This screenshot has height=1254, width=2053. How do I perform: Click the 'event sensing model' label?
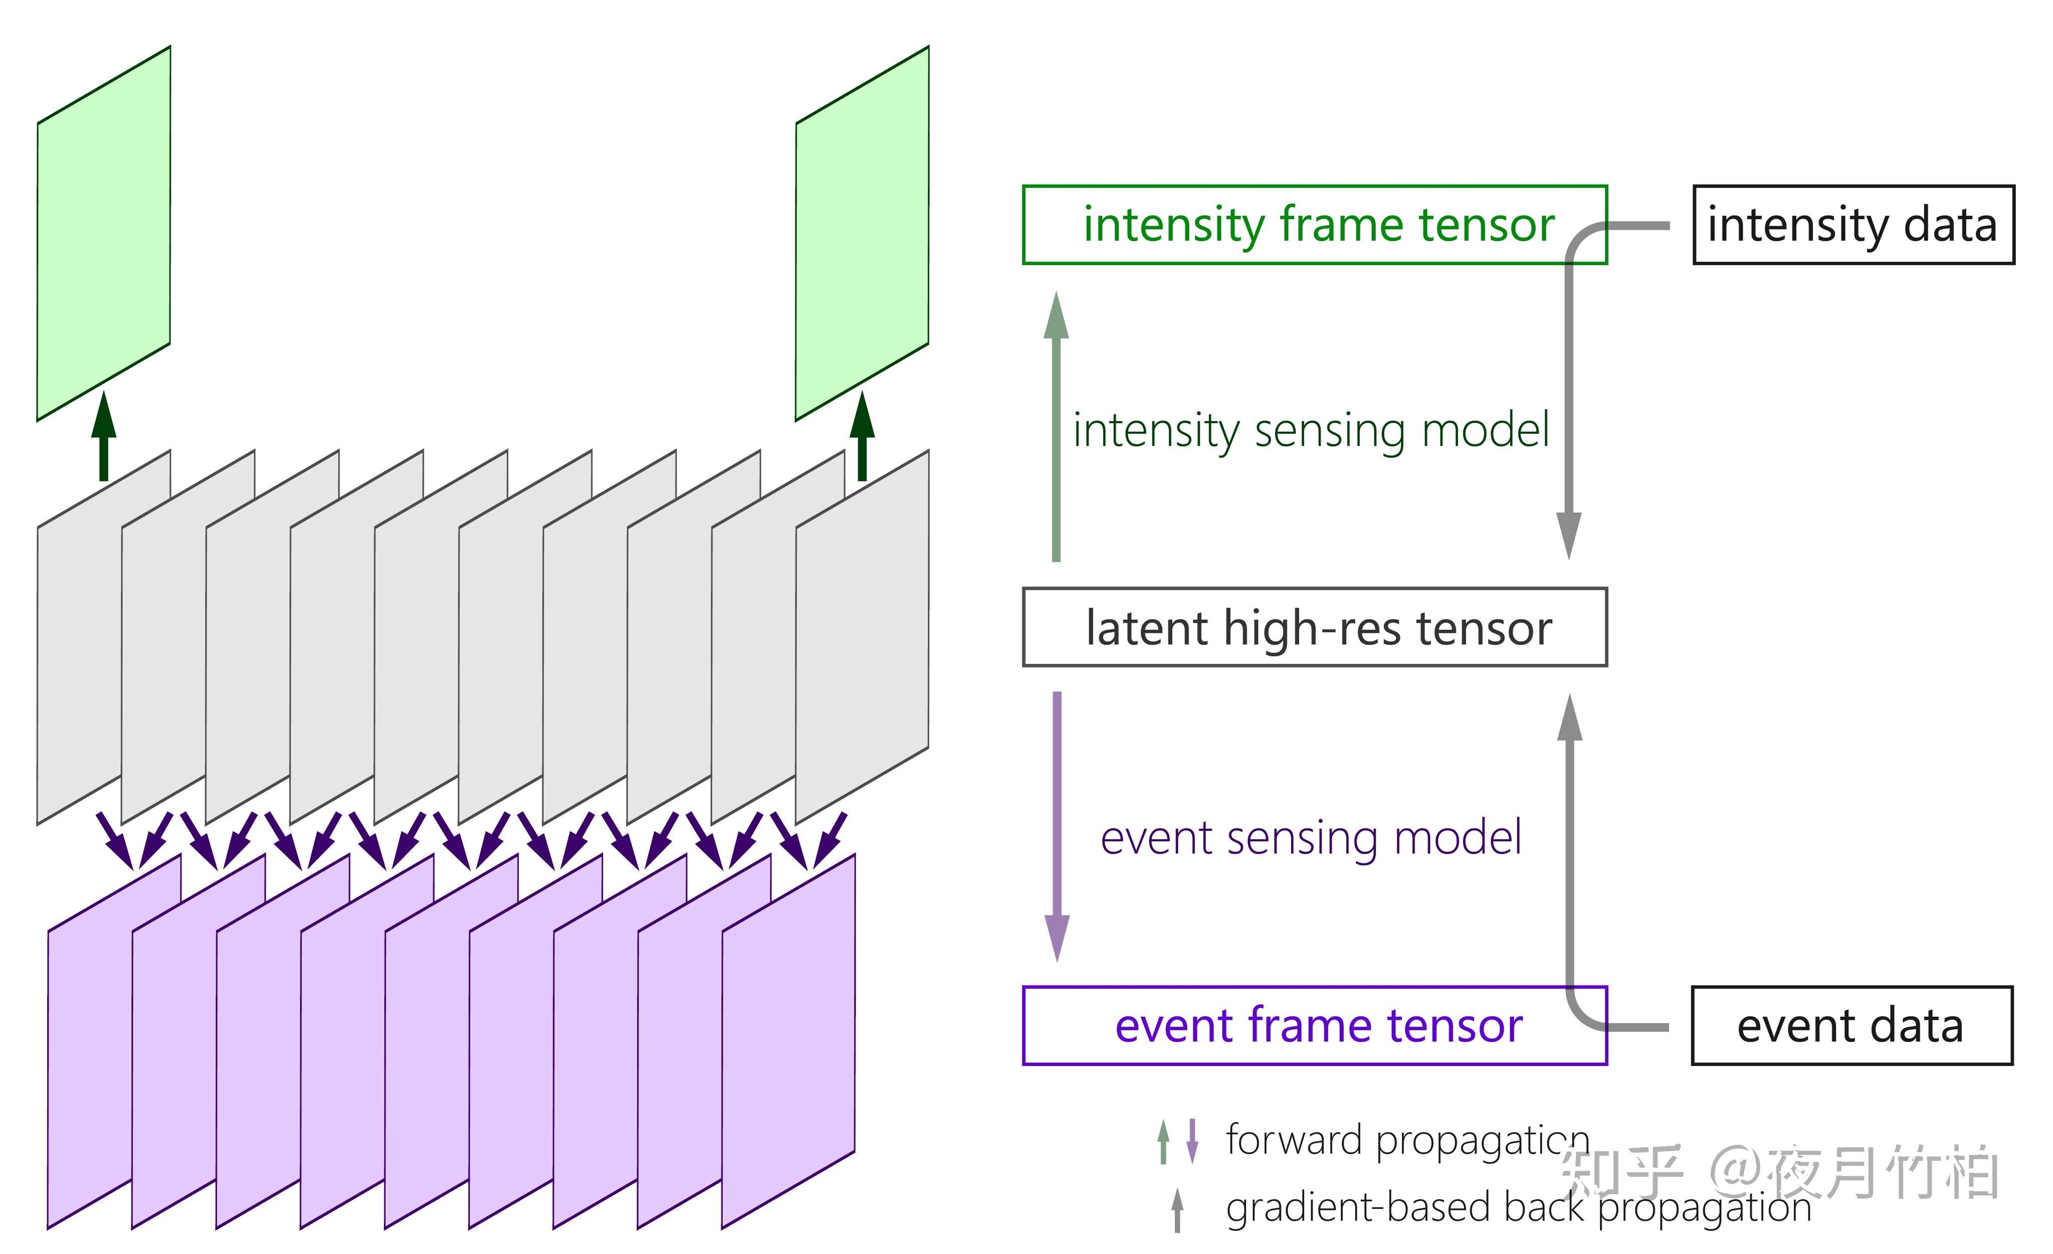pos(1311,838)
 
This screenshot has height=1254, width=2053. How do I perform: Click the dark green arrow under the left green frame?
pos(103,436)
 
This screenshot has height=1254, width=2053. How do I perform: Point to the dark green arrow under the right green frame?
pos(863,436)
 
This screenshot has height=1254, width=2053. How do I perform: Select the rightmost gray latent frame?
pos(863,637)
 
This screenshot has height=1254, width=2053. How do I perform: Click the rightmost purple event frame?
pos(788,1041)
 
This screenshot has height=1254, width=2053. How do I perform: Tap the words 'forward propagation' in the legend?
pos(1408,1141)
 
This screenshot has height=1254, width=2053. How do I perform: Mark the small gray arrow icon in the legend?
pos(1177,1210)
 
